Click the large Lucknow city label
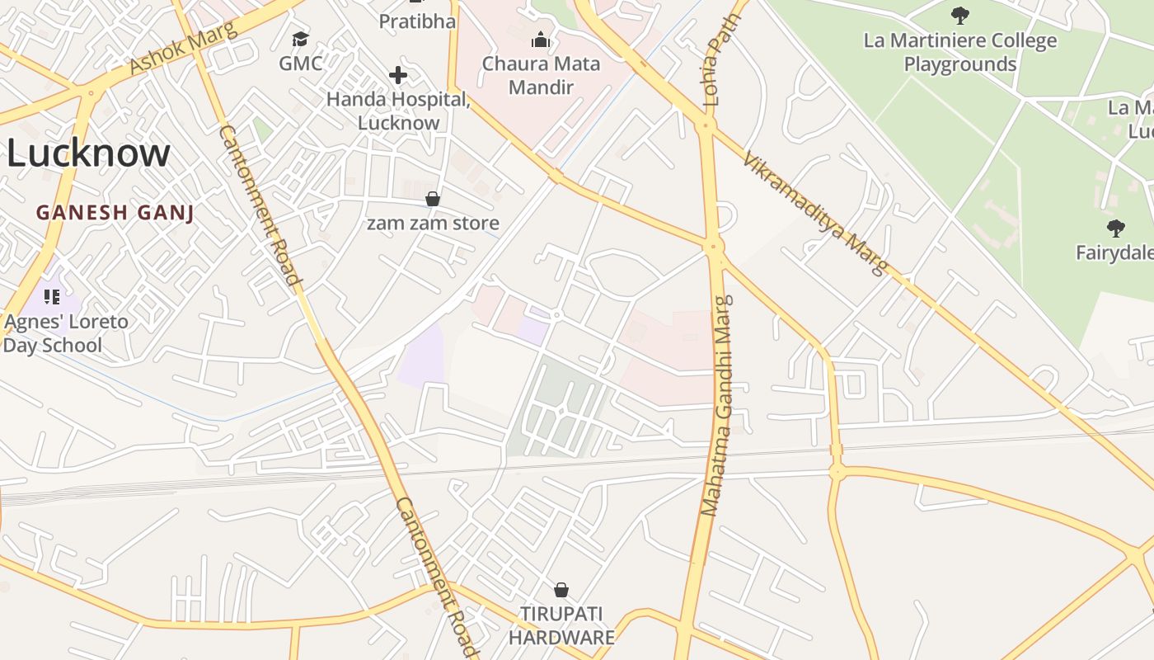pyautogui.click(x=88, y=153)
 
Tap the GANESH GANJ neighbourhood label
pyautogui.click(x=115, y=213)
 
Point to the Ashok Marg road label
pyautogui.click(x=183, y=49)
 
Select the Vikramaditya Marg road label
pyautogui.click(x=814, y=212)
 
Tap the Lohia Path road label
pyautogui.click(x=712, y=71)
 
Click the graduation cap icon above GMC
pyautogui.click(x=300, y=39)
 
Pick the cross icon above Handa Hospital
pyautogui.click(x=398, y=76)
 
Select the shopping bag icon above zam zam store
pyautogui.click(x=433, y=199)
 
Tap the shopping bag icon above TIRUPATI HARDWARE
pyautogui.click(x=561, y=590)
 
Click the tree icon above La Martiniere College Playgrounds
pyautogui.click(x=959, y=15)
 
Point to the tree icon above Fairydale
pyautogui.click(x=1116, y=228)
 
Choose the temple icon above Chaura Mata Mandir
pyautogui.click(x=541, y=40)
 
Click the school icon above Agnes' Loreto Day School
pyautogui.click(x=52, y=296)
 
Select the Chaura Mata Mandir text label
pyautogui.click(x=542, y=75)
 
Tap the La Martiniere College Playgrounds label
pyautogui.click(x=960, y=52)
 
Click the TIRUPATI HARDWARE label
pyautogui.click(x=561, y=625)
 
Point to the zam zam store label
pyautogui.click(x=433, y=224)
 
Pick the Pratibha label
pyautogui.click(x=417, y=21)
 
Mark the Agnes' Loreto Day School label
pyautogui.click(x=66, y=332)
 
